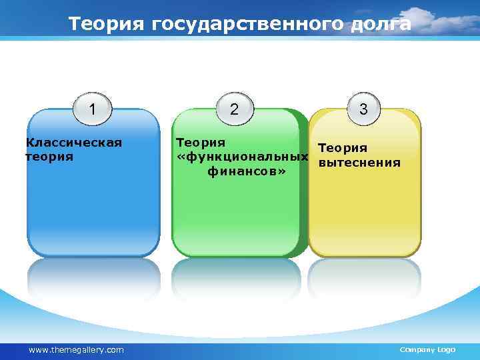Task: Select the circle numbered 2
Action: [233, 109]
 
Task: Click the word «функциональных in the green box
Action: [241, 157]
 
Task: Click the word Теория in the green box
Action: [200, 143]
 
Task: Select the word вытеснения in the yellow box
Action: [359, 162]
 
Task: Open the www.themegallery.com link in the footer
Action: [76, 350]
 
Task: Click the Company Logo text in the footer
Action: [427, 350]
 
